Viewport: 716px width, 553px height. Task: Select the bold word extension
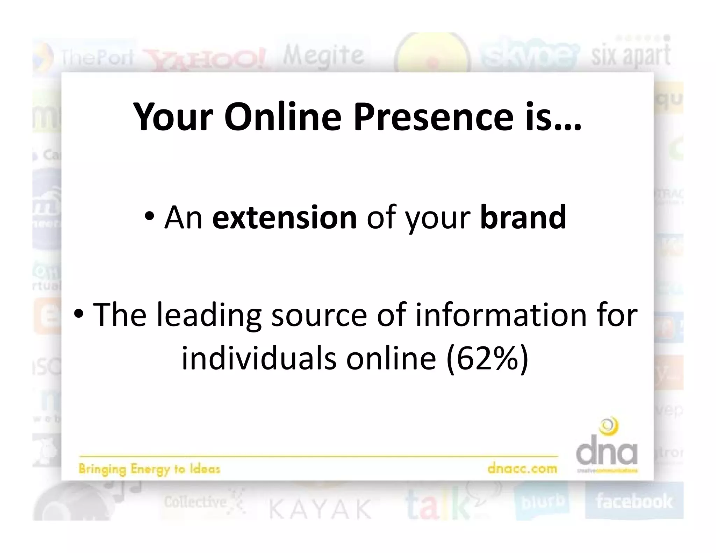tap(284, 217)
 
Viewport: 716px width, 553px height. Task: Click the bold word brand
tap(523, 217)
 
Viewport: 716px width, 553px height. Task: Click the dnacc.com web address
tap(522, 468)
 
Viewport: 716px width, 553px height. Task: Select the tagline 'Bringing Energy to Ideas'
tap(149, 469)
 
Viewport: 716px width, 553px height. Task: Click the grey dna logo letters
tap(607, 453)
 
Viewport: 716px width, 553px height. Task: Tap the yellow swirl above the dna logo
tap(609, 427)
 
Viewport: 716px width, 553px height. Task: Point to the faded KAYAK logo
tap(320, 509)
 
